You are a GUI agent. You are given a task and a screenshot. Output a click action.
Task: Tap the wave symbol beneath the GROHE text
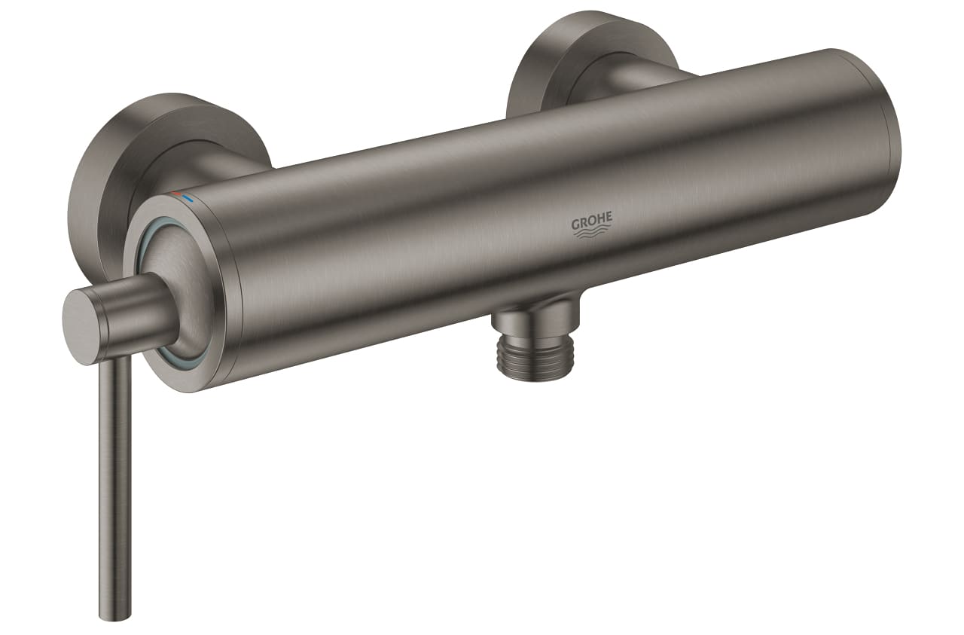click(x=592, y=234)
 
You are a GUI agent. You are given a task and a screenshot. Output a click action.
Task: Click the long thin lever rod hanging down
click(x=114, y=467)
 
